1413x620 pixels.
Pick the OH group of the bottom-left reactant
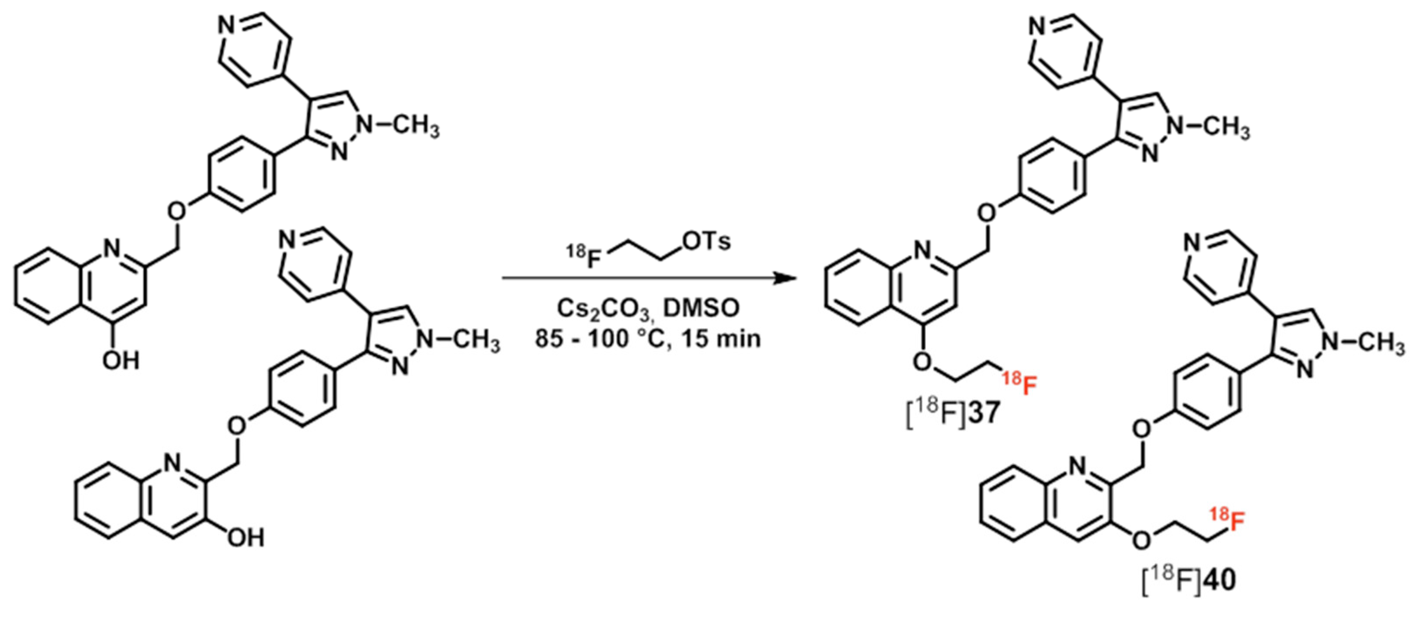(246, 538)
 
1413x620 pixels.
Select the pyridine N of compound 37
(1038, 25)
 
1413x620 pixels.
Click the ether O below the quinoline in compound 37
(923, 362)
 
